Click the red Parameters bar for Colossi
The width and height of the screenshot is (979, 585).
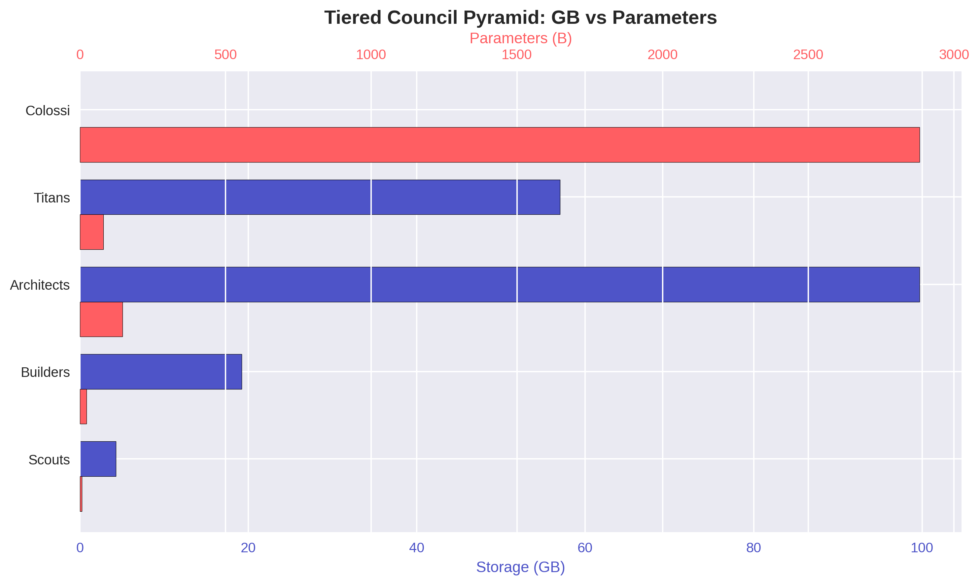500,145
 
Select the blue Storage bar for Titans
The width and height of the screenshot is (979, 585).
320,197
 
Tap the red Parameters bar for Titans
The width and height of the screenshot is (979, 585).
92,232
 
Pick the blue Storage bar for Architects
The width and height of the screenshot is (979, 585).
500,285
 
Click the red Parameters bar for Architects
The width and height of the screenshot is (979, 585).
101,319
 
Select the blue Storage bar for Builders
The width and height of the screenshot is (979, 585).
161,372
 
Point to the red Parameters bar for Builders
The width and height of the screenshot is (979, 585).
83,406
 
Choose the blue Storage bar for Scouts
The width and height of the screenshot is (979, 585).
98,459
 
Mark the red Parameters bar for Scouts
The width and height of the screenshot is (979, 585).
81,494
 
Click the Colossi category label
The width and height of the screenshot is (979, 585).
48,111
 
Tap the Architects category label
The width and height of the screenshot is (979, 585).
40,285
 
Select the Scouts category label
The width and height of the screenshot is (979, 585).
49,460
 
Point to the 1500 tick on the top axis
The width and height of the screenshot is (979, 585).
516,55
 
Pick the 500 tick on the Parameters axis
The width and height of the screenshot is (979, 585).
225,55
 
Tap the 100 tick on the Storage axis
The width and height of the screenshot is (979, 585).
922,548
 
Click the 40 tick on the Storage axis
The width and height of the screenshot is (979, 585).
416,548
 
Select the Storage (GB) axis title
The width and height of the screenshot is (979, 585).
520,567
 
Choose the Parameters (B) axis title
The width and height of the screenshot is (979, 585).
520,38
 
